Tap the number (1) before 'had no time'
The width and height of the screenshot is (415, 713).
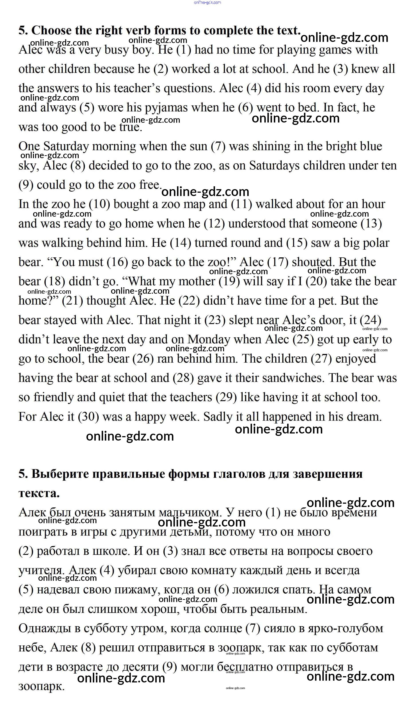pyautogui.click(x=184, y=50)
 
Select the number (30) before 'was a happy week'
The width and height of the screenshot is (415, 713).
pyautogui.click(x=88, y=417)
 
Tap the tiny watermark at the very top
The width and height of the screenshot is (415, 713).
pyautogui.click(x=207, y=2)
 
